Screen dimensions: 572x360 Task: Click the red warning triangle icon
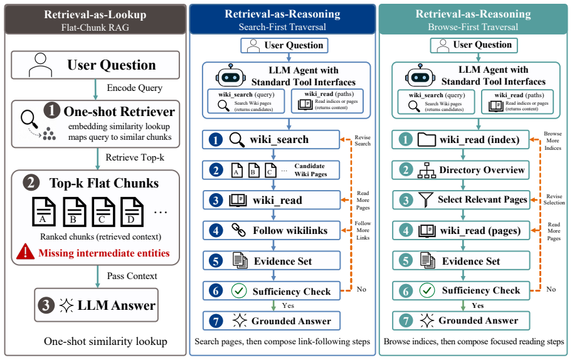(25, 251)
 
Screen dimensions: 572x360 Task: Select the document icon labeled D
(132, 211)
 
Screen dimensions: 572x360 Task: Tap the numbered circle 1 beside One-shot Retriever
(52, 110)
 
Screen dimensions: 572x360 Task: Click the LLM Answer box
(97, 305)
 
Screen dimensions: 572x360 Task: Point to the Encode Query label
(135, 88)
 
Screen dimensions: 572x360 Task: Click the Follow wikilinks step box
(272, 231)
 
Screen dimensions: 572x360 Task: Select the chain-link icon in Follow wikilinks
(238, 230)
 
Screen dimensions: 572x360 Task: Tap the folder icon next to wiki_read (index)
(426, 139)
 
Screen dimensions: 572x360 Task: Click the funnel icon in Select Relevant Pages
(426, 199)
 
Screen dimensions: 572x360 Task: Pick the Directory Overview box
(460, 170)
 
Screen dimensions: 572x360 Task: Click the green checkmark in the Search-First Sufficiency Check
(239, 291)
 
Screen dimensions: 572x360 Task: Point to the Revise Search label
(363, 140)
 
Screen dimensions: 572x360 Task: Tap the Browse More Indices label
(553, 140)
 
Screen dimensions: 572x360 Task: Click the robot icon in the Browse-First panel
(420, 77)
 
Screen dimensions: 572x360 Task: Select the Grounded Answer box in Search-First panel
(272, 321)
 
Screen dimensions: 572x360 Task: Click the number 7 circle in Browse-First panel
(406, 320)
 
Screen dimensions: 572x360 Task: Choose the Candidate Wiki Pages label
(310, 170)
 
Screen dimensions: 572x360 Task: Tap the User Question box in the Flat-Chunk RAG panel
(95, 65)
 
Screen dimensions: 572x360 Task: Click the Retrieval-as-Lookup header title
(95, 14)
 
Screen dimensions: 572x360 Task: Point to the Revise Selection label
(554, 199)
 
